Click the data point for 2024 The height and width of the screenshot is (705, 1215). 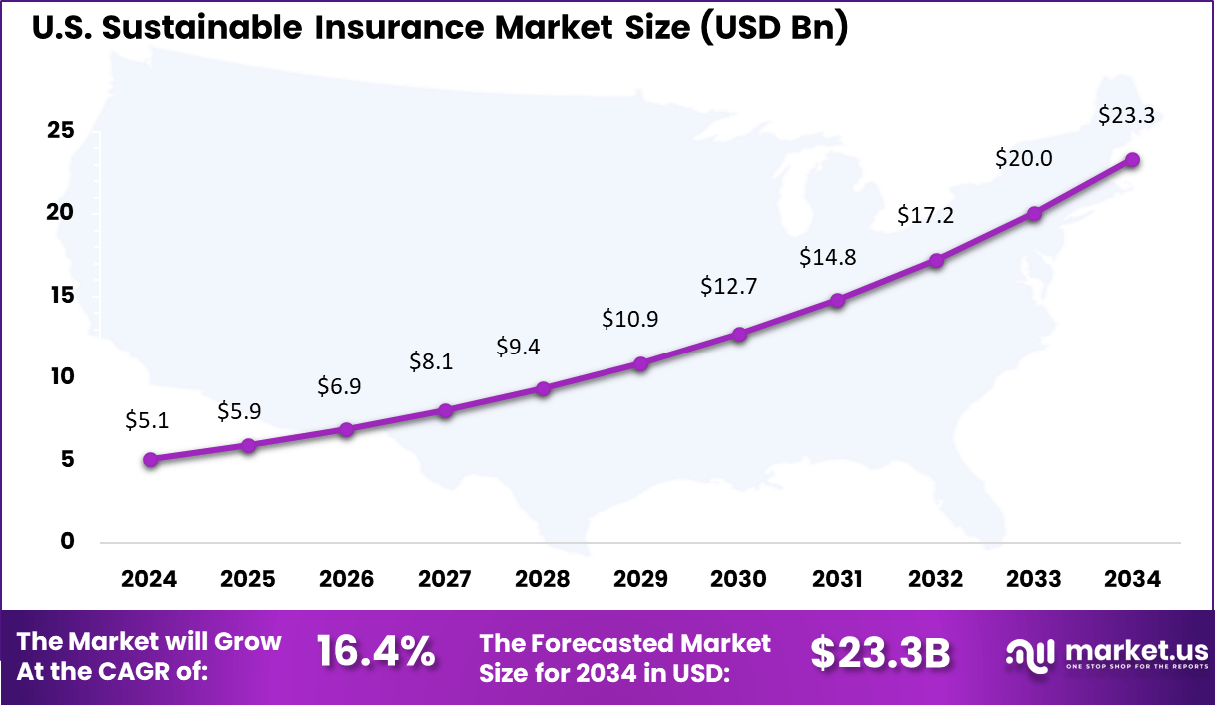(150, 460)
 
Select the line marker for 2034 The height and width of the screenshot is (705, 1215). (1132, 160)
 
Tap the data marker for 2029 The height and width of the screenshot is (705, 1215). (641, 364)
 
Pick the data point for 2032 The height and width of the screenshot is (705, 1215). (936, 261)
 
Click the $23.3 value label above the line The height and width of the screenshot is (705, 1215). (1126, 115)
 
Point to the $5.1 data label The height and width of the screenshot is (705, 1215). (147, 420)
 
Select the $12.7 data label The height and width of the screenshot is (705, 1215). (729, 286)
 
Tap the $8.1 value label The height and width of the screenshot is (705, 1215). (431, 361)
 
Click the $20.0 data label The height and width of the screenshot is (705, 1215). (1024, 158)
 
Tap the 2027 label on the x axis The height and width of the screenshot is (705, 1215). (444, 580)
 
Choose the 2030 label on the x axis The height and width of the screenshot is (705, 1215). (738, 580)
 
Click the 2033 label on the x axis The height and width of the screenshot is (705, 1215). (1034, 580)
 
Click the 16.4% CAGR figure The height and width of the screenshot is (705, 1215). (376, 652)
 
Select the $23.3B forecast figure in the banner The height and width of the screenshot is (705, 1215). (880, 652)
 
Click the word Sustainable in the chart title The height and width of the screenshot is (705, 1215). (205, 27)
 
